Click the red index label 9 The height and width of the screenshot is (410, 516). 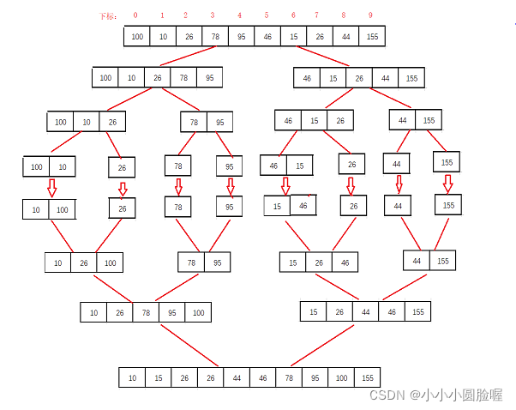coord(371,15)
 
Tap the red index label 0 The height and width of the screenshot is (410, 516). coord(135,15)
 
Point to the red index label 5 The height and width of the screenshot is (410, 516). coord(267,15)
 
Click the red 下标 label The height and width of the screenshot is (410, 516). coord(108,16)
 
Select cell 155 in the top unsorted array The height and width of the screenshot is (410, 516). coord(371,36)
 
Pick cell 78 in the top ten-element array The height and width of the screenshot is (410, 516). coord(215,36)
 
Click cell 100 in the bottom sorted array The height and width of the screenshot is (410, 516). coord(339,377)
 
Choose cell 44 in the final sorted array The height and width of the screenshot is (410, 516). coord(237,377)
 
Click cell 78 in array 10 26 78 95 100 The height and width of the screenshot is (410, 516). coord(146,313)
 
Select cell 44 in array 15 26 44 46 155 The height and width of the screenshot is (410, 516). coord(366,312)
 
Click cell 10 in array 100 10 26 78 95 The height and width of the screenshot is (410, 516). coord(131,78)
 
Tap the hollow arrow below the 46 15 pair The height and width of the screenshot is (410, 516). coord(286,184)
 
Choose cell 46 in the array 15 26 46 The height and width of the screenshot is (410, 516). coord(344,262)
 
